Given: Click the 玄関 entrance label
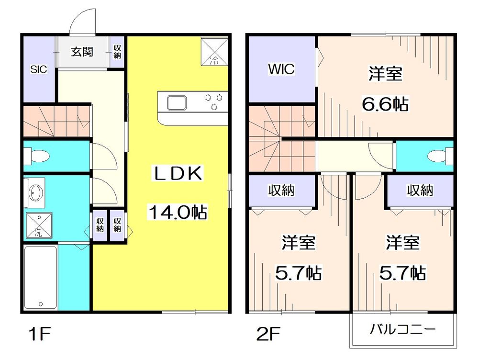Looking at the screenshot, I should pos(82,52).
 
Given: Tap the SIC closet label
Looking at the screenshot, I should pos(39,69).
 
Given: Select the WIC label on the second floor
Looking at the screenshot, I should pos(281,69).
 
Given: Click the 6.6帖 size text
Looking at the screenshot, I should pos(385,103).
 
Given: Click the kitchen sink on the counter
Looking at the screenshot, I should pos(178,102).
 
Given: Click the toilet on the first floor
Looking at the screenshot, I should pos(38,156).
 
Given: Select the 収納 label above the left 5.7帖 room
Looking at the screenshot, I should pos(281,191).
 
